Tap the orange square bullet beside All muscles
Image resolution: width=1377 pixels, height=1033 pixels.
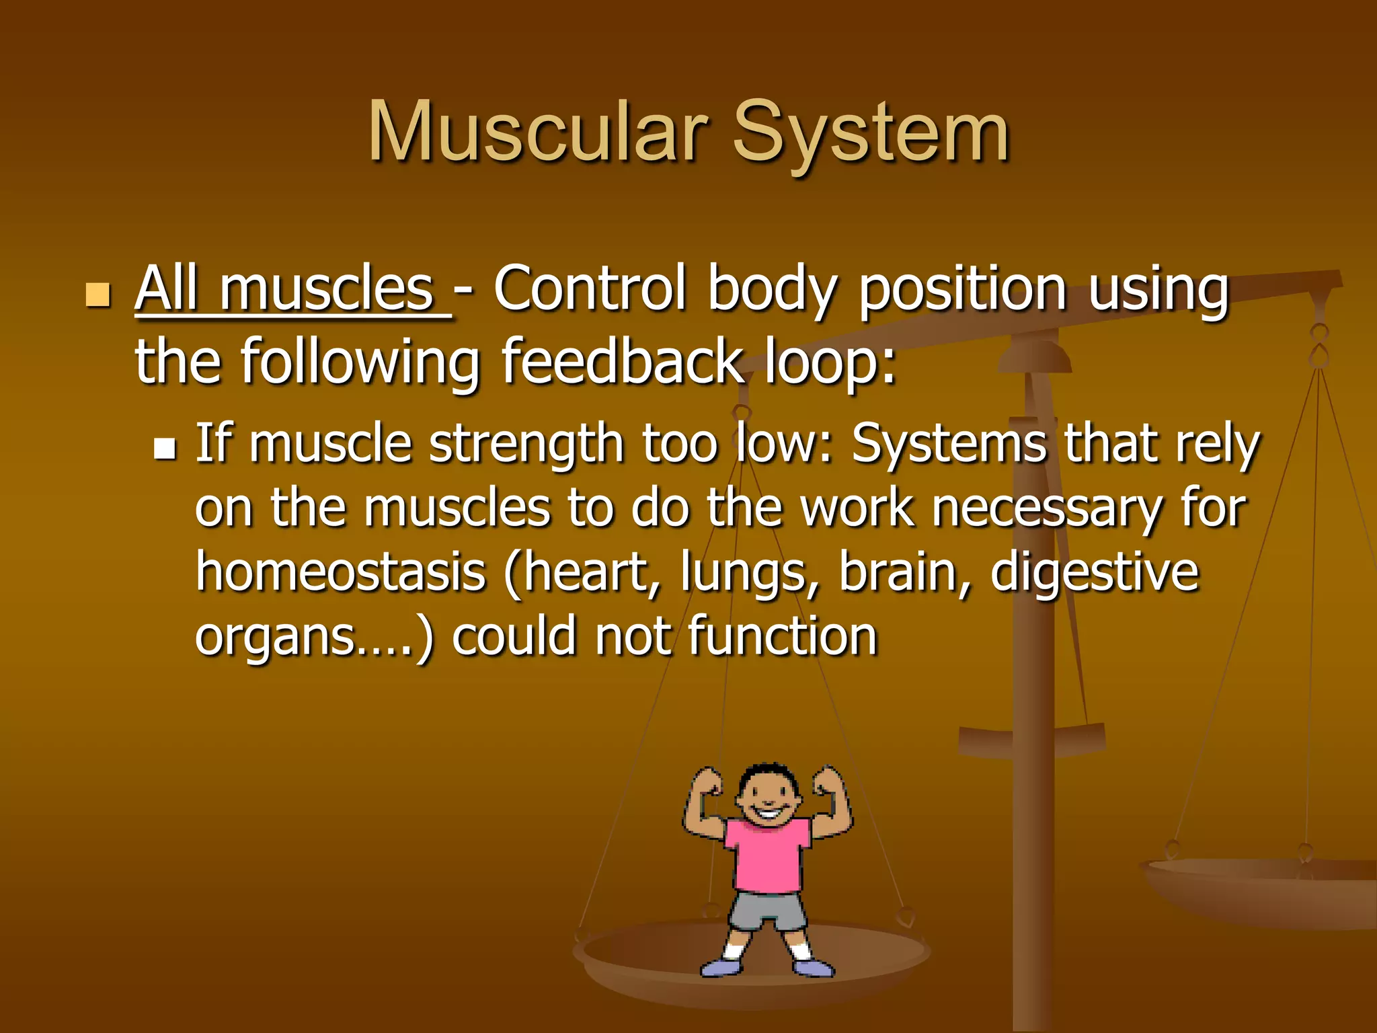(98, 294)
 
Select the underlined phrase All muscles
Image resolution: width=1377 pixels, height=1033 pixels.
(292, 291)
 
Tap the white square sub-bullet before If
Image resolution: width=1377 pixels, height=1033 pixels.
(164, 449)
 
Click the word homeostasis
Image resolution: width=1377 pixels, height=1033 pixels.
(340, 572)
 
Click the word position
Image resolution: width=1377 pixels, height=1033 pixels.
(962, 291)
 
